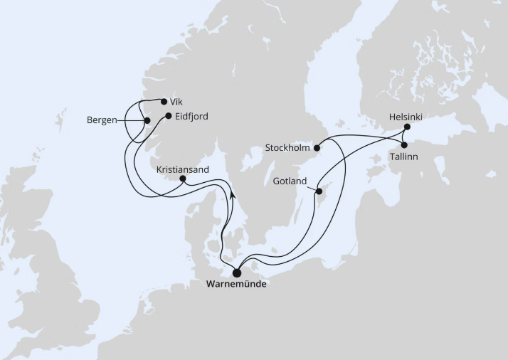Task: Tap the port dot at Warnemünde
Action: pos(237,272)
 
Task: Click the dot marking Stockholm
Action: pos(318,148)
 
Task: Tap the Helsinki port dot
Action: pos(407,127)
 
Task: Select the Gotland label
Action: pos(290,181)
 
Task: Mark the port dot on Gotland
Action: pos(318,190)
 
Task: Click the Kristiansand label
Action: pos(182,170)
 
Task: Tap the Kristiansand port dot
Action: pos(182,180)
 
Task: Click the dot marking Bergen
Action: pos(147,121)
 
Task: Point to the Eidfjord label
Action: pos(191,116)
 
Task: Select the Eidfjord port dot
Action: pos(168,116)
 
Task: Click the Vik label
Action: pos(176,102)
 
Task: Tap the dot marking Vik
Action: pos(164,101)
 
